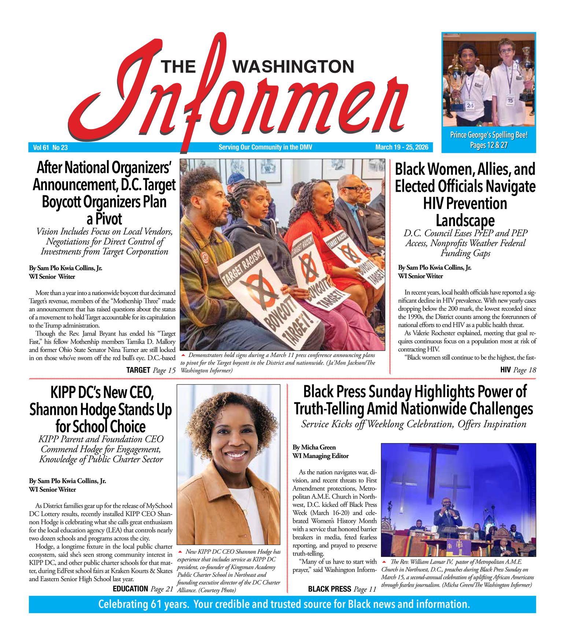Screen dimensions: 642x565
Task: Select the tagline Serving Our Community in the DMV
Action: [x=265, y=147]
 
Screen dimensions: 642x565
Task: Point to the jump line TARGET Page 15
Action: [x=151, y=370]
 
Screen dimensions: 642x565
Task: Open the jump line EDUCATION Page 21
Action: [x=143, y=589]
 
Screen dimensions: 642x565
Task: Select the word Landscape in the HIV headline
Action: [x=465, y=221]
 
